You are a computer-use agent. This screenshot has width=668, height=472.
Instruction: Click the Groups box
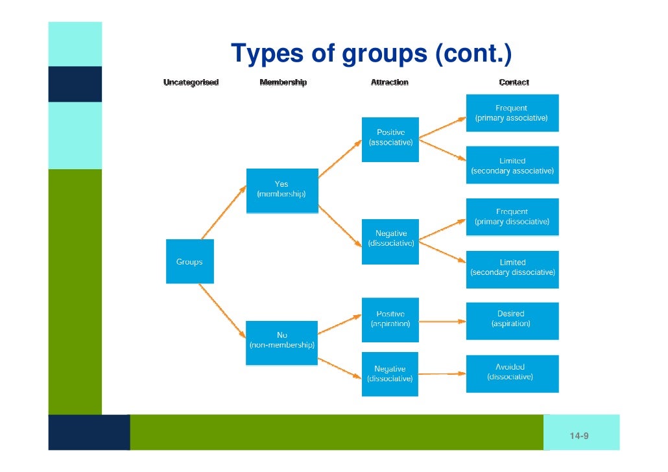click(189, 261)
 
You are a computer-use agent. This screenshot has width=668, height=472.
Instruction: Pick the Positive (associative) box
click(390, 139)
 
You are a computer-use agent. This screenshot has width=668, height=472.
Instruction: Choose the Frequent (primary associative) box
click(512, 113)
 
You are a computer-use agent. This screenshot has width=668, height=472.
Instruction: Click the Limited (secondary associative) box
click(512, 165)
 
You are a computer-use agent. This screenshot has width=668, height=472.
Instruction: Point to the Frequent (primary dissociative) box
click(512, 217)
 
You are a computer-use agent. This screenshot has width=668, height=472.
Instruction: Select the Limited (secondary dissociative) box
click(512, 268)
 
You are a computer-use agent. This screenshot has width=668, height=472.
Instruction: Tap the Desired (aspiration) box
click(512, 318)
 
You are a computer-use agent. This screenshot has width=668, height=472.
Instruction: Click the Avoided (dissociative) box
click(512, 372)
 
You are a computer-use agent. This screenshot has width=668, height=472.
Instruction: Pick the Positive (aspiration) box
click(390, 319)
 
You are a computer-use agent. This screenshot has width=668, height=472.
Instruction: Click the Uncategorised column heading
click(191, 82)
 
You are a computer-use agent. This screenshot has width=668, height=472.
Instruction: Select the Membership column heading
click(283, 82)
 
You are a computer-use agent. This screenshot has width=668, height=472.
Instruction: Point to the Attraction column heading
click(389, 82)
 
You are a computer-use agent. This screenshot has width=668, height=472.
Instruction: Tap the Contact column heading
click(514, 82)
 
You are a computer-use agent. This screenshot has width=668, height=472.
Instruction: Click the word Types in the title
click(267, 54)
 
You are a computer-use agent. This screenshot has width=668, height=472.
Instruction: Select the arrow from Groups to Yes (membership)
click(224, 211)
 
